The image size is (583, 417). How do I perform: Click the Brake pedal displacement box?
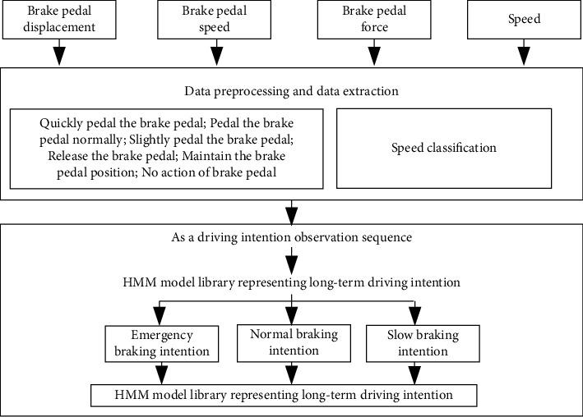[62, 20]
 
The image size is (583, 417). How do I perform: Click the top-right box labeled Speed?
[523, 20]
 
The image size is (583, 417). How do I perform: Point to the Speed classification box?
[443, 149]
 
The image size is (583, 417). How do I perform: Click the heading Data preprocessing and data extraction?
[291, 90]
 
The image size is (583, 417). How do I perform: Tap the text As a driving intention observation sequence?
[291, 237]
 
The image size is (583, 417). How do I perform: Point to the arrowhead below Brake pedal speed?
[216, 57]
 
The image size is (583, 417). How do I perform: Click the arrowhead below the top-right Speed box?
[523, 57]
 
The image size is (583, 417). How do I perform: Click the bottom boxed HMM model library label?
[284, 396]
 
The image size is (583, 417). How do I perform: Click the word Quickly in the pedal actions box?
[60, 123]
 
